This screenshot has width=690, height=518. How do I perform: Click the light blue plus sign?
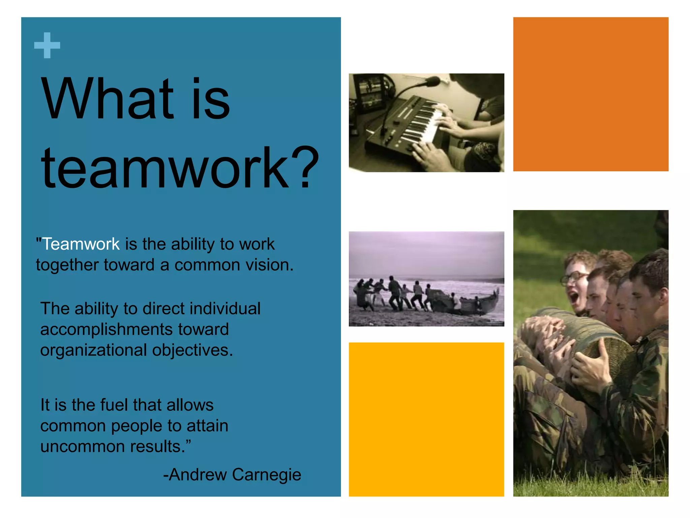[x=47, y=45]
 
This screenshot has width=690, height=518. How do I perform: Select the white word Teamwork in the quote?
[x=81, y=244]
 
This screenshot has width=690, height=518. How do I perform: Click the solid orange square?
[x=590, y=94]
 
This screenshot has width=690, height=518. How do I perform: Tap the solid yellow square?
[x=426, y=419]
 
